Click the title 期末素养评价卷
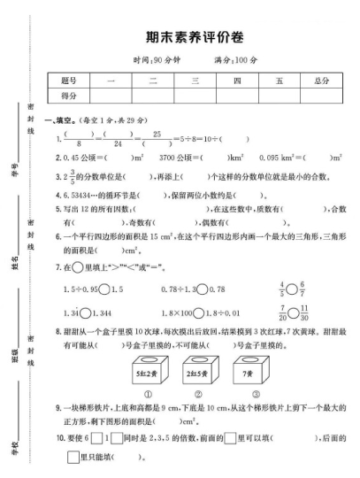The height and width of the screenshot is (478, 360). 194,39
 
